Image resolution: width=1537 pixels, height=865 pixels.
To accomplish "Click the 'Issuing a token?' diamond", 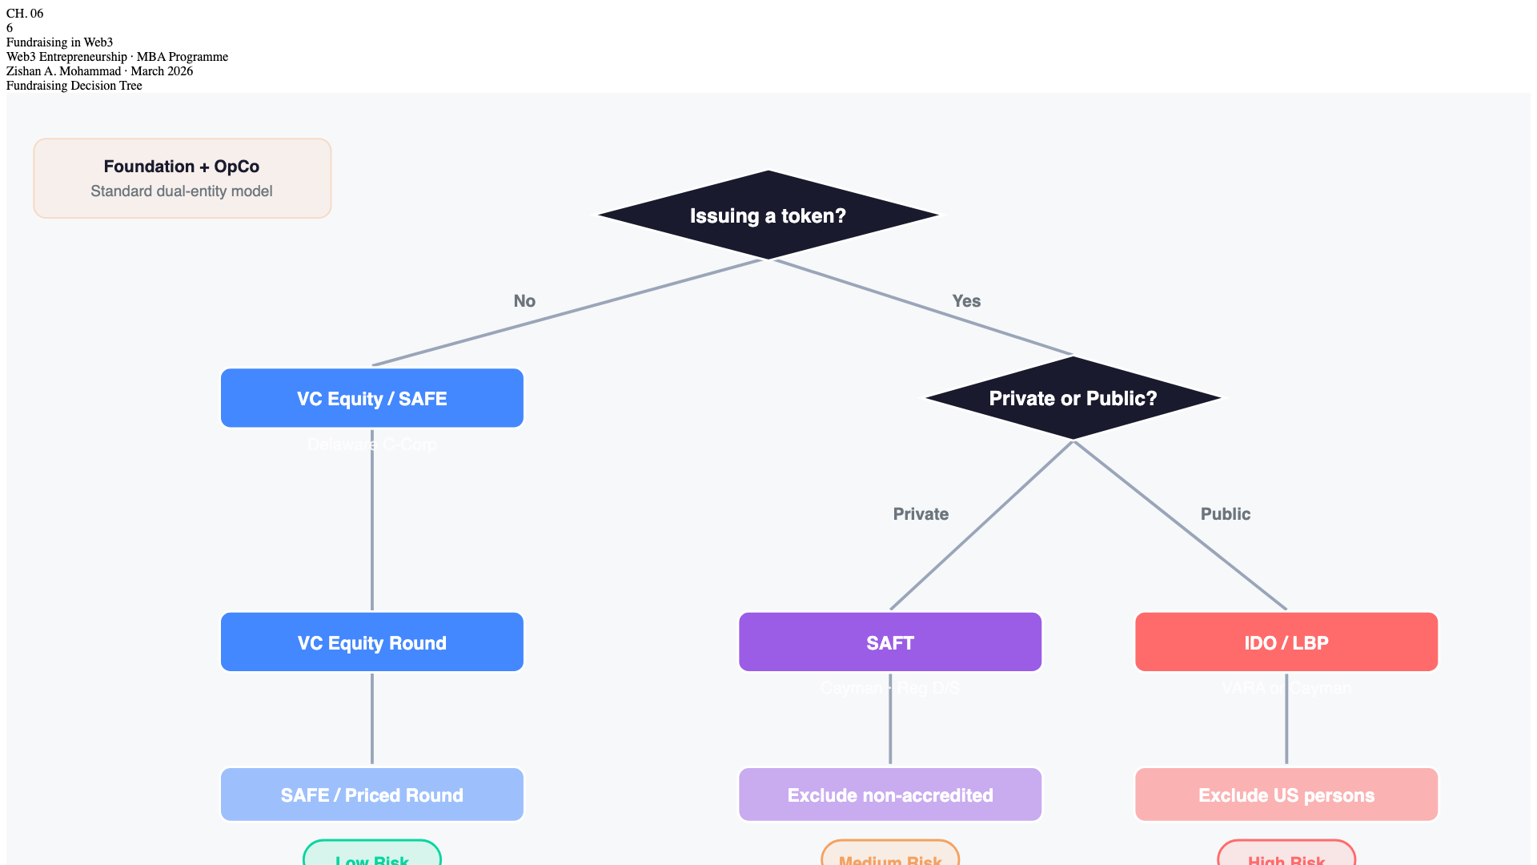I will [x=768, y=215].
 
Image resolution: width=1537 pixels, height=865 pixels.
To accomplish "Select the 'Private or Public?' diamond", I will [x=1073, y=398].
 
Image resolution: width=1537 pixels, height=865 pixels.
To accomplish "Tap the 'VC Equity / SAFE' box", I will [x=372, y=398].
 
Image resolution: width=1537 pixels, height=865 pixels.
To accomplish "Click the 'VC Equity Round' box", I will [x=372, y=642].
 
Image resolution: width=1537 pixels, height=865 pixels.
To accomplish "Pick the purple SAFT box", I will [x=890, y=642].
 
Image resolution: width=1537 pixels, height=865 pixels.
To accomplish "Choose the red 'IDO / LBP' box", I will [x=1286, y=642].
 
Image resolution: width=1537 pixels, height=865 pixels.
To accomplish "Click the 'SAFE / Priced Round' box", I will [x=372, y=795].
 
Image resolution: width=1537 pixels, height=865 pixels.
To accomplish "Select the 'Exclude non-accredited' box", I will [x=890, y=795].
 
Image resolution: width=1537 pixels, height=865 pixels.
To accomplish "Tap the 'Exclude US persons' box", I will [x=1286, y=795].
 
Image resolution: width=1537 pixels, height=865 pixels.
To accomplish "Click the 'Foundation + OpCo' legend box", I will [x=182, y=178].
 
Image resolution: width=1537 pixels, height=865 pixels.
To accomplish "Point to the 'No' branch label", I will [x=524, y=301].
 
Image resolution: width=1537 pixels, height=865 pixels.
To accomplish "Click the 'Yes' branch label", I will [x=966, y=301].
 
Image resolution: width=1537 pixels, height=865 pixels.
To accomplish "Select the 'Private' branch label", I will [x=921, y=514].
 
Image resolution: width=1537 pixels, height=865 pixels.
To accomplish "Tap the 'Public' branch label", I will [x=1225, y=514].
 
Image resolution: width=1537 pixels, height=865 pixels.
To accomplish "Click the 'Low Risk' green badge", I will [x=372, y=855].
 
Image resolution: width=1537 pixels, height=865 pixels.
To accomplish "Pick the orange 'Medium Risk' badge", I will [x=890, y=855].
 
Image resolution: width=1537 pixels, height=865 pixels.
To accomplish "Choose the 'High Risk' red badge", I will [x=1286, y=855].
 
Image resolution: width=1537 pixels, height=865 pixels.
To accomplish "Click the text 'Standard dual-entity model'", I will [x=182, y=191].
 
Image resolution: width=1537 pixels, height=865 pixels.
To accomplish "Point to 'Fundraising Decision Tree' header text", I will [x=74, y=86].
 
